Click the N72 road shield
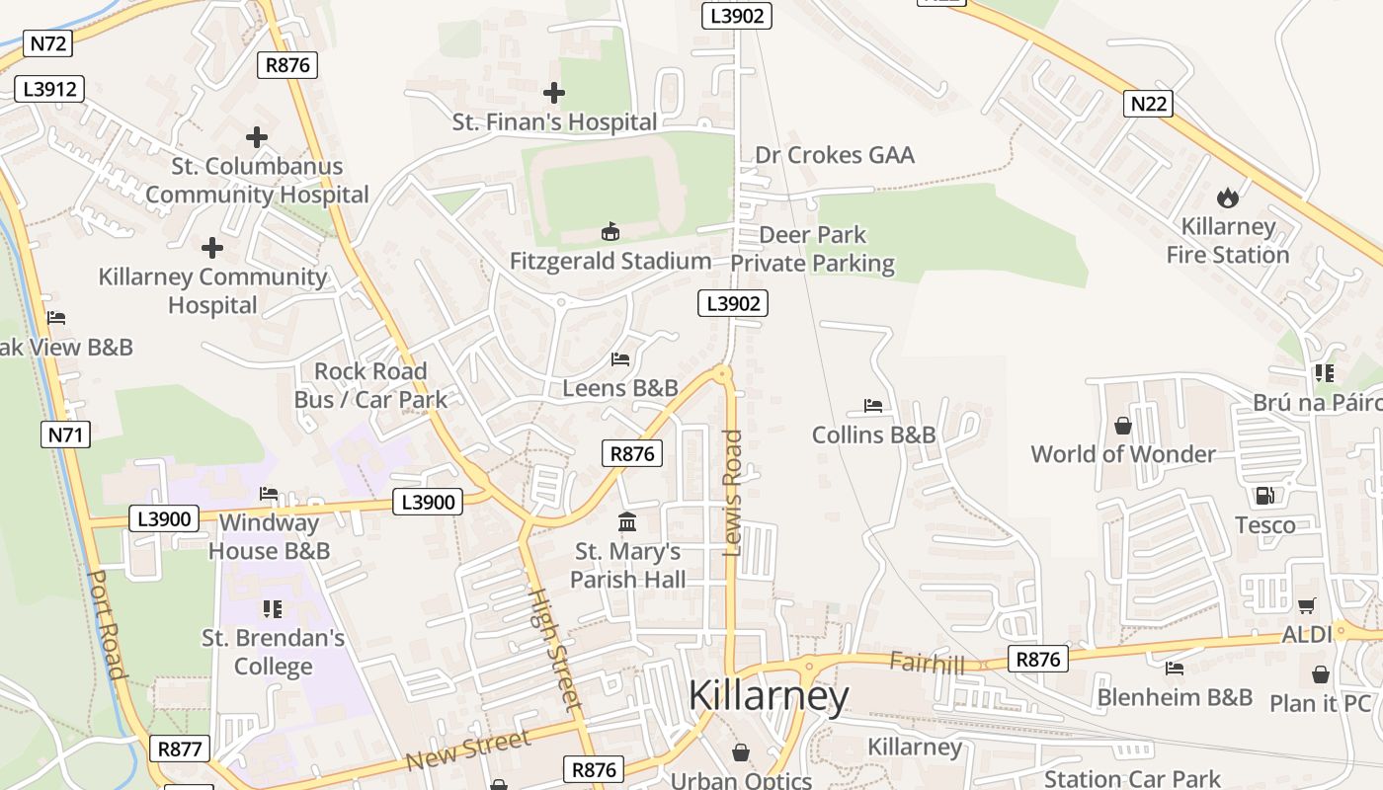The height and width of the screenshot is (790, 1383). point(48,43)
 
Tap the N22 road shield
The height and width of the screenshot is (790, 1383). point(1148,103)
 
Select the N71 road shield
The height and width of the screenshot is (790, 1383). point(66,434)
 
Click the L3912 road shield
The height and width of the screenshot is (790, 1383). point(49,89)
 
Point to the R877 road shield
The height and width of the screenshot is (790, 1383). point(180,749)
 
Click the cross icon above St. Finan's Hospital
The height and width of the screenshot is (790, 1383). point(554,93)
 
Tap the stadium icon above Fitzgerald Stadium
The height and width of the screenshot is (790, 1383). point(610,232)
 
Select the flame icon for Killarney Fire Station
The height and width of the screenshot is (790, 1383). point(1227,197)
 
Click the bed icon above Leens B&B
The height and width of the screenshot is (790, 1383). point(620,359)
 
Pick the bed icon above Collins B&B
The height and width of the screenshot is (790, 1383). point(873,405)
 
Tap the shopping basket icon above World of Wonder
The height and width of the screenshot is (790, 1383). point(1123,426)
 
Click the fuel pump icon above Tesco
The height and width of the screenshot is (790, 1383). point(1263,496)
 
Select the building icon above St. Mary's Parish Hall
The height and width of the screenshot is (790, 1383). point(627,521)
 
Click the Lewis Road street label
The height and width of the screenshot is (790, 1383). point(732,493)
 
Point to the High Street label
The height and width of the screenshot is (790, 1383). point(553,649)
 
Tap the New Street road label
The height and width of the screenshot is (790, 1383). point(468,750)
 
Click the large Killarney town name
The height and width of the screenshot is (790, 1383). point(768,695)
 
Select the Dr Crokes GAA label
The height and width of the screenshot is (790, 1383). point(835,155)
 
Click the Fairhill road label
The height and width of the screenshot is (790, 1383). point(926,663)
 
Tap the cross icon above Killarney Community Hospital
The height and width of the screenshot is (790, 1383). point(212,248)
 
